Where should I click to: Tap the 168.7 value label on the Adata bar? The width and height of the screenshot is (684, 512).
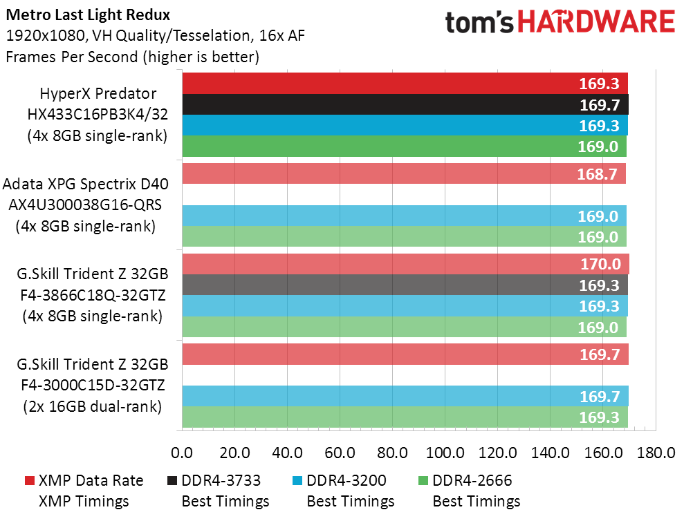tap(597, 174)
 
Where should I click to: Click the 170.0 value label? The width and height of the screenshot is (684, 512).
tap(599, 264)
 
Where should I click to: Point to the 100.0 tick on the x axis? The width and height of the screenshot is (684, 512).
tap(445, 453)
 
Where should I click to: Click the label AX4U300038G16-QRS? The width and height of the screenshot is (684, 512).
tap(85, 205)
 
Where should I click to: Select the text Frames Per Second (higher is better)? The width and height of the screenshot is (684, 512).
tap(132, 57)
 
